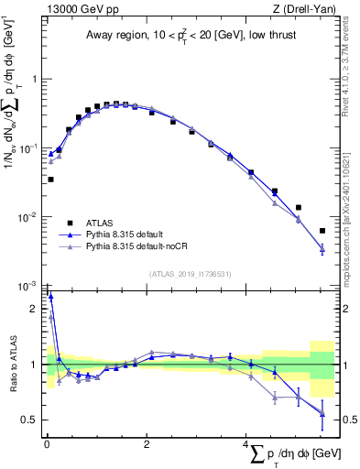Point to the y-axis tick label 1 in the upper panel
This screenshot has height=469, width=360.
36,79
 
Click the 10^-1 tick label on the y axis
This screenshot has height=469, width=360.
30,147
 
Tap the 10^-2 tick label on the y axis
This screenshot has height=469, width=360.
30,217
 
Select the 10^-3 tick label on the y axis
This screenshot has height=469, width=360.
30,286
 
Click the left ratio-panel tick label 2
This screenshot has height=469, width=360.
36,310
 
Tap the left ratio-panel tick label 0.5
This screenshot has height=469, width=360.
32,420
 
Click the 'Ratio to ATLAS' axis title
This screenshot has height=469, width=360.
12,365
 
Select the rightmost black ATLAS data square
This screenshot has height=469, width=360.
322,231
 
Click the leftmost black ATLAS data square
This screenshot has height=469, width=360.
50,180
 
